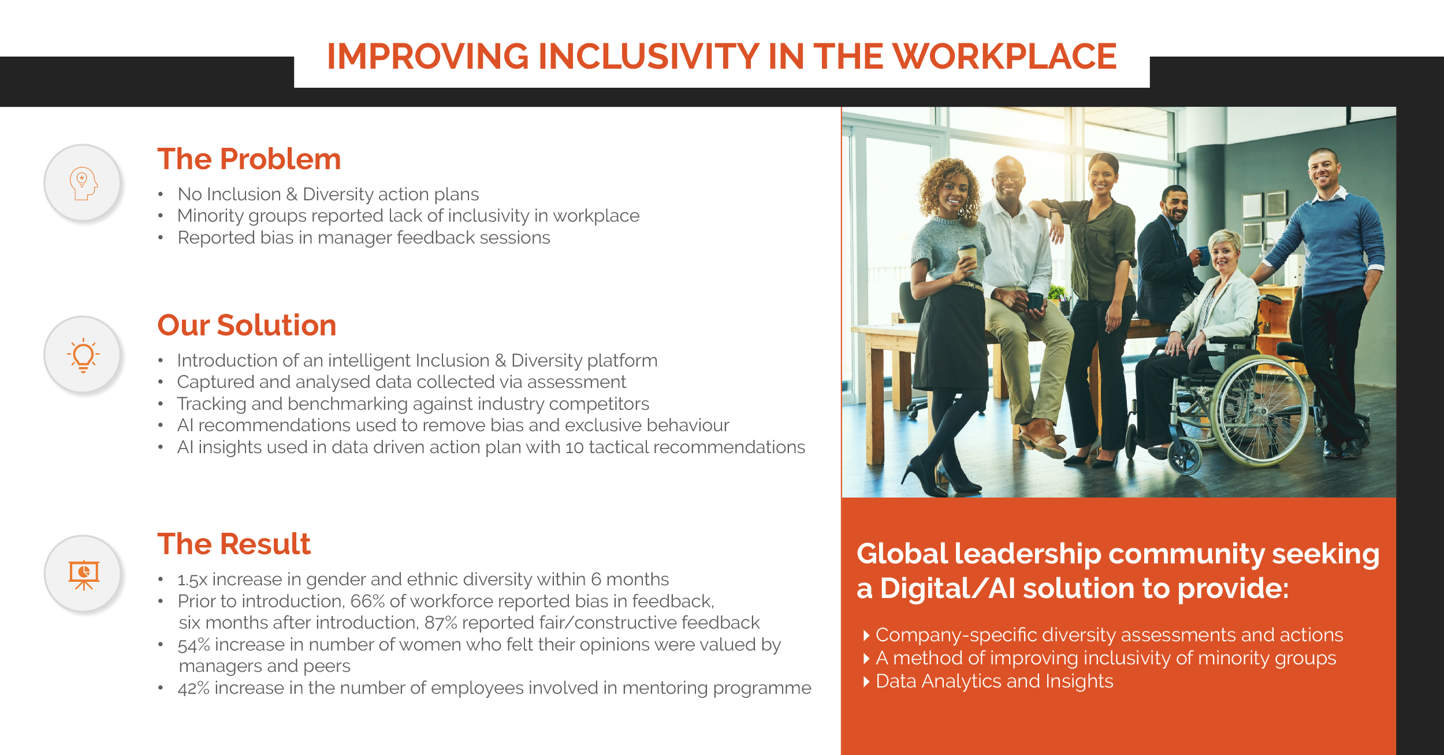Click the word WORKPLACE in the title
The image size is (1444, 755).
pyautogui.click(x=1004, y=57)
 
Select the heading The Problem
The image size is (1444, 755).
pyautogui.click(x=249, y=159)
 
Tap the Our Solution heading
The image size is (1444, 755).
pyautogui.click(x=247, y=325)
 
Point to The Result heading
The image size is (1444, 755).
pyautogui.click(x=234, y=544)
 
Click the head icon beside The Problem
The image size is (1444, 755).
pyautogui.click(x=84, y=184)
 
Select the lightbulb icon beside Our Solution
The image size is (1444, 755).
pyautogui.click(x=84, y=355)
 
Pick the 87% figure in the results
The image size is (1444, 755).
pyautogui.click(x=441, y=623)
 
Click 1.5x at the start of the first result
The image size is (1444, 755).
pyautogui.click(x=192, y=580)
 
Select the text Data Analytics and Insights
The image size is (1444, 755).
pyautogui.click(x=994, y=682)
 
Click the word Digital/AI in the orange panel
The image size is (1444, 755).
pyautogui.click(x=947, y=589)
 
